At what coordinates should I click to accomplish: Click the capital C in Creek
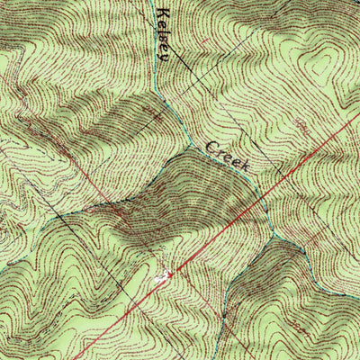213,145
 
